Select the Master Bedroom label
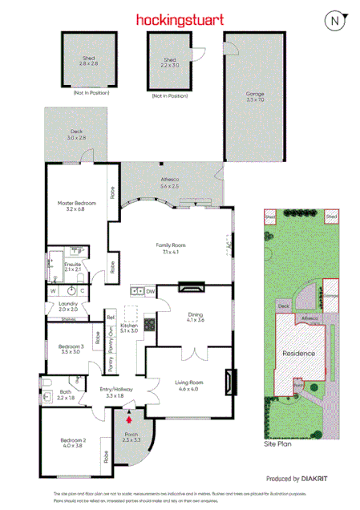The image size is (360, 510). tap(75, 205)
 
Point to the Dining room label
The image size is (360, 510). tap(196, 317)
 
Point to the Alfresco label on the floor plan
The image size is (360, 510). tap(170, 182)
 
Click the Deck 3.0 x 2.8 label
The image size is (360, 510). tap(76, 134)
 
